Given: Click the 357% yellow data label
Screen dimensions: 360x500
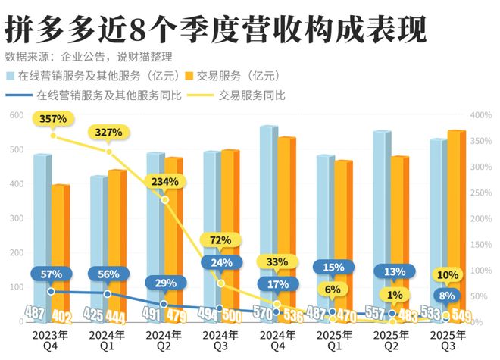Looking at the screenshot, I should pyautogui.click(x=54, y=119).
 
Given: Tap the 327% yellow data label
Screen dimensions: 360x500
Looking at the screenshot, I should pyautogui.click(x=109, y=133).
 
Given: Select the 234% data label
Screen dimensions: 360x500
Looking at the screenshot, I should pyautogui.click(x=164, y=182).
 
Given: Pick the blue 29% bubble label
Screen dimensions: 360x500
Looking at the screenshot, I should pyautogui.click(x=164, y=282).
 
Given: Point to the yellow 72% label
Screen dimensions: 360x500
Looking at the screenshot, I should pyautogui.click(x=220, y=240).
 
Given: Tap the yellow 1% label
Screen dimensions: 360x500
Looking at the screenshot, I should pyautogui.click(x=392, y=295).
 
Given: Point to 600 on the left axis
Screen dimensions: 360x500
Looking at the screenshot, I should pyautogui.click(x=14, y=115).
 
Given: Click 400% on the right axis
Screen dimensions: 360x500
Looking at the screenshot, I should pyautogui.click(x=481, y=115).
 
